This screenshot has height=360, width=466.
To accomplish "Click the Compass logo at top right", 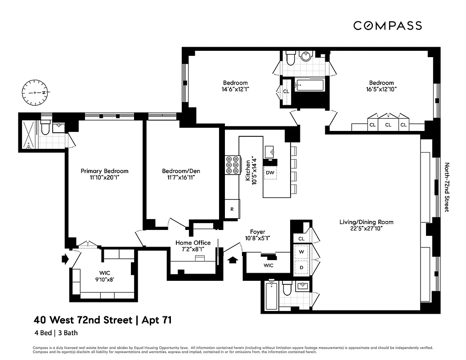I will pos(387,26).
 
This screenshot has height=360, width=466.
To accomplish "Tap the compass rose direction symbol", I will pos(35,92).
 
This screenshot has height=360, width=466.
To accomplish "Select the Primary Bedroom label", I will pos(104,171).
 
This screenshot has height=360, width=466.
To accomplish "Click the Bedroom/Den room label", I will pos(181,171).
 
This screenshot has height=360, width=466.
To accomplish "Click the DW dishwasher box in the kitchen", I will pos(270,173).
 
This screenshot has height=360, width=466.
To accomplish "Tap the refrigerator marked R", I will pos(232,209).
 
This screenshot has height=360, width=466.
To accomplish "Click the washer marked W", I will pos(301,252).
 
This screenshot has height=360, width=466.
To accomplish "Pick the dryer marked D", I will pos(301,267).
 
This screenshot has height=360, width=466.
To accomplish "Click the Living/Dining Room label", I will pos(366,222).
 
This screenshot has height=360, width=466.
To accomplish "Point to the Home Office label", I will pos(193,243).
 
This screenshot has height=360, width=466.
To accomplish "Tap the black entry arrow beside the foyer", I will pos(233,260).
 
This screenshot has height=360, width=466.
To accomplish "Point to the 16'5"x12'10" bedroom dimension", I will pos(381,89).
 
